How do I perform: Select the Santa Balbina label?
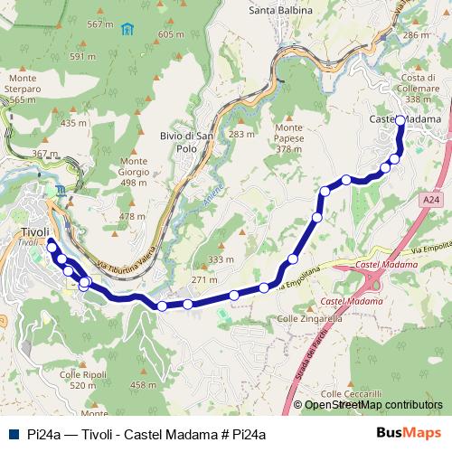(281, 10)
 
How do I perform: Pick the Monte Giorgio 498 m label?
(133, 172)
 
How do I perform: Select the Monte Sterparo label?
(23, 89)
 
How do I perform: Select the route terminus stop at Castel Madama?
(400, 131)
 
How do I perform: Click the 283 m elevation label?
(241, 135)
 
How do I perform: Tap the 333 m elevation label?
(221, 259)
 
